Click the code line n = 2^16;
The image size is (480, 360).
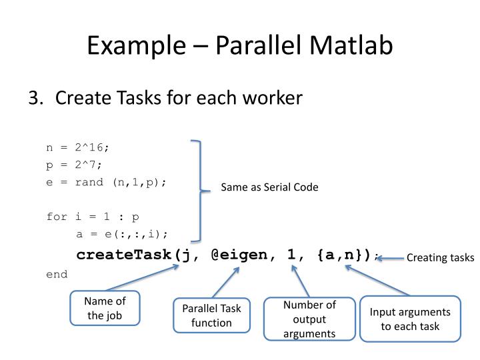tap(77, 147)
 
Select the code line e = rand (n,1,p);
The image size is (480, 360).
tap(106, 181)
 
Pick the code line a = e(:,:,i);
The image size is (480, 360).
tap(122, 233)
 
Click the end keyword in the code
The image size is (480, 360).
tap(57, 274)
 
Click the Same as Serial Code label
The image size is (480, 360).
tap(269, 188)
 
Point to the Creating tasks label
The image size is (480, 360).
tap(440, 258)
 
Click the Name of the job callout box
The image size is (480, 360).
tap(105, 308)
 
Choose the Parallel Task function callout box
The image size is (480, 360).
tap(211, 315)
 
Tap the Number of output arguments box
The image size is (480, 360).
tap(309, 319)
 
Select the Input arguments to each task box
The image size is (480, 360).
tap(410, 318)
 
